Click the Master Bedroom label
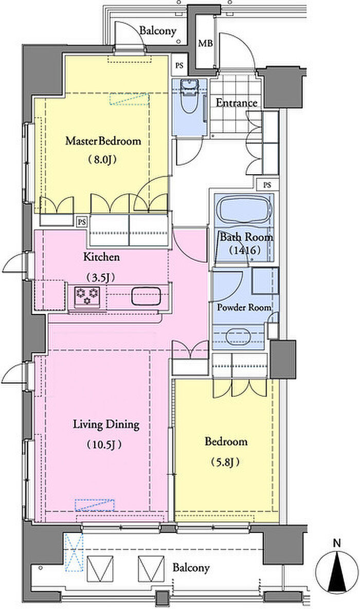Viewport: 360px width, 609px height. (x=103, y=141)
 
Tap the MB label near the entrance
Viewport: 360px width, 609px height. (x=206, y=44)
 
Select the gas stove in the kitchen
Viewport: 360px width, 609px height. (x=87, y=297)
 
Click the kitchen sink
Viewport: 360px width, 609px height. (x=145, y=297)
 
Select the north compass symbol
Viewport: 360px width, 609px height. (x=337, y=573)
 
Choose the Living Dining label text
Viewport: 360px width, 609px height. (x=106, y=425)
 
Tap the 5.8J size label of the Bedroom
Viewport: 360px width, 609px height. (x=225, y=462)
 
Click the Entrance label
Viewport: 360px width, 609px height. (x=237, y=103)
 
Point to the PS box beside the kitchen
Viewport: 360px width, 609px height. (x=82, y=222)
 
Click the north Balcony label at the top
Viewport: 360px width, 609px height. (x=158, y=31)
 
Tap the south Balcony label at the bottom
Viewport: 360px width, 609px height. (x=191, y=568)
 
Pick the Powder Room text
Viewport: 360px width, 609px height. (x=244, y=308)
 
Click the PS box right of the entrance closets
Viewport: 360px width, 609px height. (x=267, y=185)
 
